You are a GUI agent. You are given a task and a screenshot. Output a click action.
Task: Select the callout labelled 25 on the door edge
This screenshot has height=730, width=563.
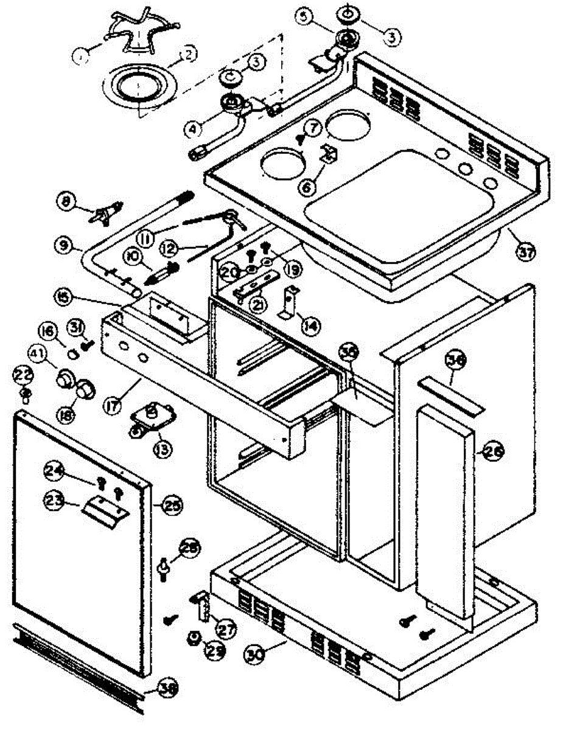(x=172, y=504)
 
